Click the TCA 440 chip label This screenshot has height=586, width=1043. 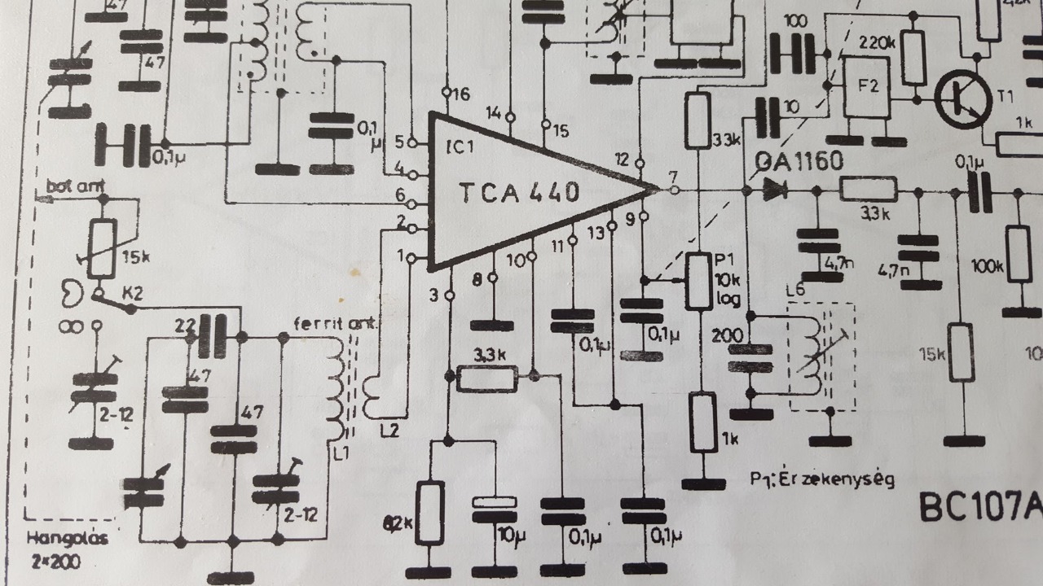(x=519, y=192)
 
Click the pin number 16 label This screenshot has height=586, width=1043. (x=460, y=95)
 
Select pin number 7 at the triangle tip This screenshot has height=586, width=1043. (x=671, y=176)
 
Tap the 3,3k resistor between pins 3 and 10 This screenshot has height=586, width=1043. (x=487, y=378)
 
